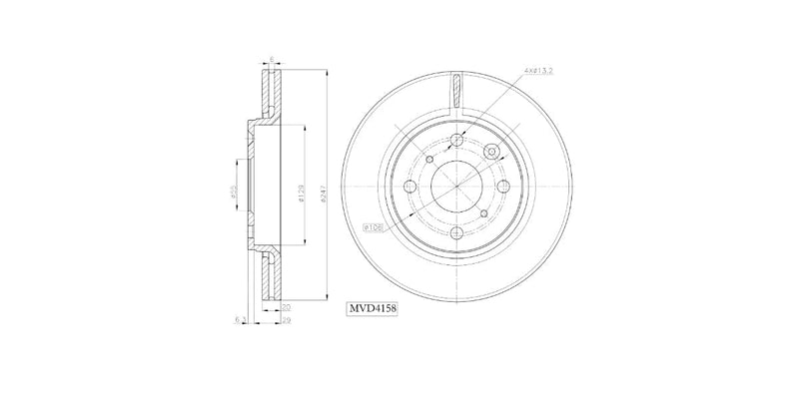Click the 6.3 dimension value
(241, 320)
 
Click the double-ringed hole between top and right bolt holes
(490, 151)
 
